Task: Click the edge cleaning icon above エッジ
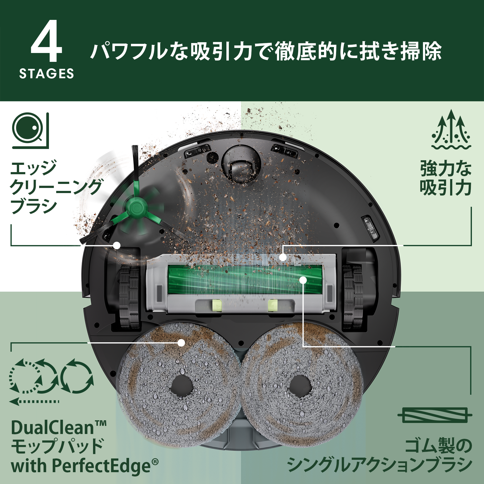pos(30,131)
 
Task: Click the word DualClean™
pos(59,428)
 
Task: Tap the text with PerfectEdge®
pos(85,466)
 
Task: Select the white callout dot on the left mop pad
pos(181,343)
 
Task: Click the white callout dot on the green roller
pos(303,280)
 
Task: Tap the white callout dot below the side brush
pos(117,245)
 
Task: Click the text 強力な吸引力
pos(446,178)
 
